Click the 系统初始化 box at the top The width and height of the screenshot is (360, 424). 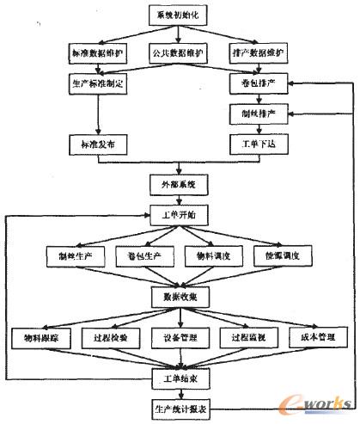[x=179, y=17]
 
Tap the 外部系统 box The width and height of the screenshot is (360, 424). [x=179, y=184]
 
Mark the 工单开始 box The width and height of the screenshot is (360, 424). [x=179, y=213]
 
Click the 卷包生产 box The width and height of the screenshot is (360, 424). [x=142, y=256]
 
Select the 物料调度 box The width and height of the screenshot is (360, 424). [x=211, y=256]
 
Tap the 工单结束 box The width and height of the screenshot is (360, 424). [x=179, y=378]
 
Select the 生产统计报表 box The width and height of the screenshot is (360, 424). [x=179, y=407]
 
